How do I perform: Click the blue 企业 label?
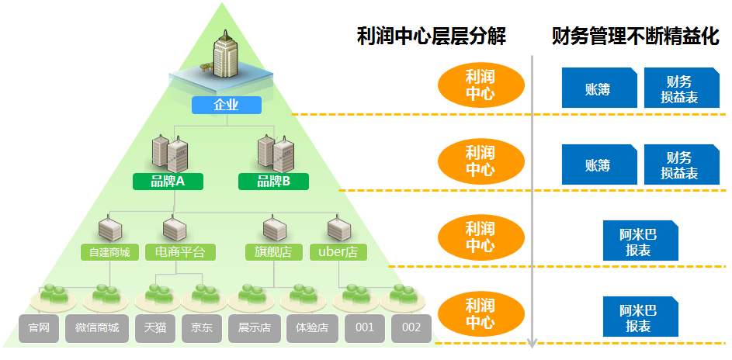point(226,105)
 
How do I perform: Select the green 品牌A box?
point(168,182)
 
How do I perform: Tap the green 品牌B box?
point(273,182)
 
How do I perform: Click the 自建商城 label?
point(109,252)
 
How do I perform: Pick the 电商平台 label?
point(180,252)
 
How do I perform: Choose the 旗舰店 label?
point(273,252)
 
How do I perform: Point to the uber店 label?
point(338,252)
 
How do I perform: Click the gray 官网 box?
point(39,328)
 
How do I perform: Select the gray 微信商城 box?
point(97,328)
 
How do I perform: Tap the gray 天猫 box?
point(154,328)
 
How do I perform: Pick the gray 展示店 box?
point(253,328)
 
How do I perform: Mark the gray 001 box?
point(365,328)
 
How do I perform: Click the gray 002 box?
point(411,328)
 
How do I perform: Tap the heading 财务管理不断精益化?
point(635,36)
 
